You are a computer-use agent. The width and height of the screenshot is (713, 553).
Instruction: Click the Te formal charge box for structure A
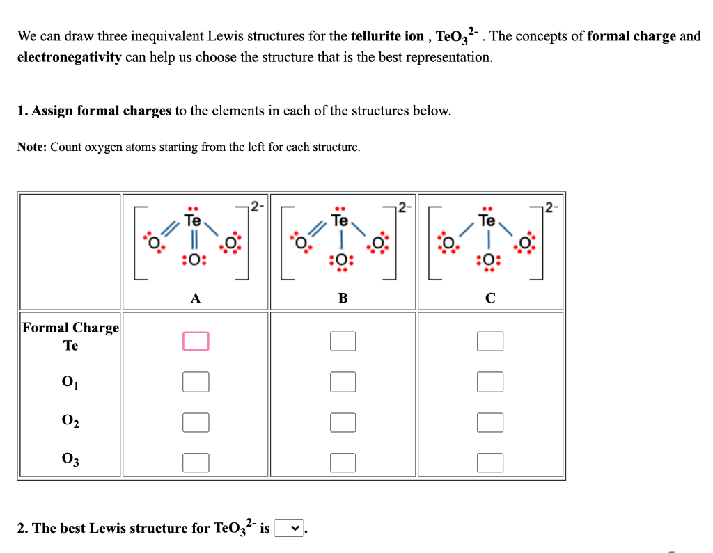coord(196,341)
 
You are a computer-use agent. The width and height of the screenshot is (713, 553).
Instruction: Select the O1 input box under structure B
coord(343,381)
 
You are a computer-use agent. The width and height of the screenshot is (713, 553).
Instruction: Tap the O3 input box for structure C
coord(490,461)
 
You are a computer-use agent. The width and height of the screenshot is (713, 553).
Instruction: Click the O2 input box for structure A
coord(196,422)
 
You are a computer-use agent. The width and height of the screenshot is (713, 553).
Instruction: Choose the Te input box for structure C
coord(490,341)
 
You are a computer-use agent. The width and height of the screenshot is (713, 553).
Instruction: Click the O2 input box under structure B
coord(343,422)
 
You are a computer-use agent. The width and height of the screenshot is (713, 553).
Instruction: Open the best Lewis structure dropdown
coord(290,529)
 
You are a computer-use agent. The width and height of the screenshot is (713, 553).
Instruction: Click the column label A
coord(196,298)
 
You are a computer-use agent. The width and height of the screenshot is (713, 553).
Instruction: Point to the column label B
coord(343,298)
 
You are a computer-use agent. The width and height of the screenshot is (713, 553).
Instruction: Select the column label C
coord(490,298)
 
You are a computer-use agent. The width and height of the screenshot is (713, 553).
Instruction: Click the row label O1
coord(70,382)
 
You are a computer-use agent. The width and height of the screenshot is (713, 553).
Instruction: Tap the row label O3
coord(70,460)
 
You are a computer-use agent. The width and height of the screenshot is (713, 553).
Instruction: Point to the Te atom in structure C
coord(487,221)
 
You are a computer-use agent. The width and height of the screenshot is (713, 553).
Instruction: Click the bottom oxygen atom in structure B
coord(342,260)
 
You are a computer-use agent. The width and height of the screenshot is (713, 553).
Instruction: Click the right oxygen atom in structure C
coord(526,243)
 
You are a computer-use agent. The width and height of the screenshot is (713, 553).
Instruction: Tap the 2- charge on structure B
coord(403,205)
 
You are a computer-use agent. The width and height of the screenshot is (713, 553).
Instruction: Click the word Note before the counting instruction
coord(32,147)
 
